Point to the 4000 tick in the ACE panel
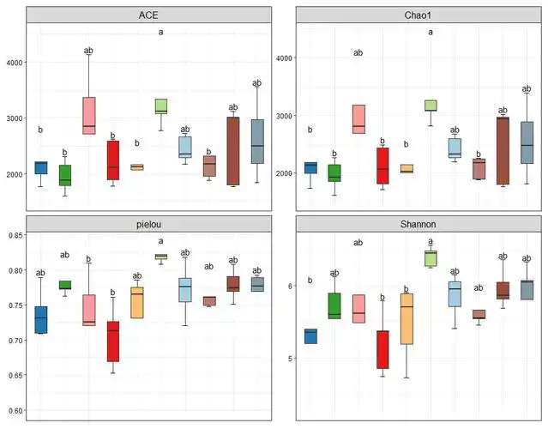(15, 63)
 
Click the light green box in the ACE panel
(160, 106)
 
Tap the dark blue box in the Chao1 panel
(310, 167)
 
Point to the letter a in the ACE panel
(160, 33)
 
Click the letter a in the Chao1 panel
(431, 33)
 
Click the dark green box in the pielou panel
(64, 285)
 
